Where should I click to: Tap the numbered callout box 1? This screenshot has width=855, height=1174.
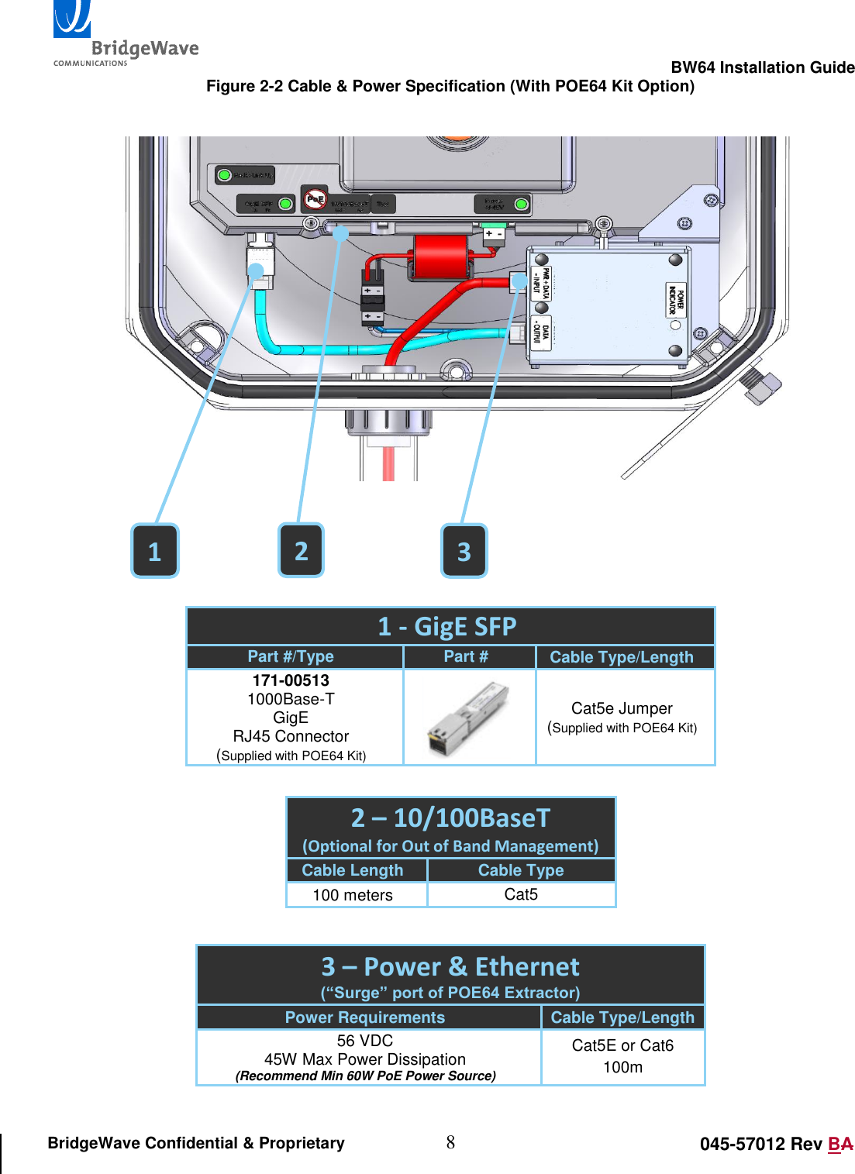pyautogui.click(x=155, y=551)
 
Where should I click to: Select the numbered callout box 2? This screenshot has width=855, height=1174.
pyautogui.click(x=302, y=550)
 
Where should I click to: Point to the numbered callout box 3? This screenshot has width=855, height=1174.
pyautogui.click(x=464, y=551)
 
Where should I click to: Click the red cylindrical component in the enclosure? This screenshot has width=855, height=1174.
pyautogui.click(x=440, y=256)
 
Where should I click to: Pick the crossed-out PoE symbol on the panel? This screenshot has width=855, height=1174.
pyautogui.click(x=315, y=199)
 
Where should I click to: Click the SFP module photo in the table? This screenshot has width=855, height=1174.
pyautogui.click(x=469, y=718)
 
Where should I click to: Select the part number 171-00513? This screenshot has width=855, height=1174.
pyautogui.click(x=291, y=680)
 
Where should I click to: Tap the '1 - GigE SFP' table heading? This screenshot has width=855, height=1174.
pyautogui.click(x=447, y=626)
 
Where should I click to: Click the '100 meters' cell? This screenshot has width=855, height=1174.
pyautogui.click(x=353, y=895)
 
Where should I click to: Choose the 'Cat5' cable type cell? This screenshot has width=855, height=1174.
pyautogui.click(x=521, y=894)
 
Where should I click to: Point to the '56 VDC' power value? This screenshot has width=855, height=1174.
pyautogui.click(x=365, y=1041)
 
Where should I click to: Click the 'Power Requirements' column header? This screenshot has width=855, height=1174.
pyautogui.click(x=365, y=1017)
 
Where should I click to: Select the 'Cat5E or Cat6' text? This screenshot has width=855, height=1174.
pyautogui.click(x=622, y=1045)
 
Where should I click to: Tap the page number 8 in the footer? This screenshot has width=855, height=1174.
pyautogui.click(x=450, y=1142)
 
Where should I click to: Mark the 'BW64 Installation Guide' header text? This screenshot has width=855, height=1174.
pyautogui.click(x=762, y=67)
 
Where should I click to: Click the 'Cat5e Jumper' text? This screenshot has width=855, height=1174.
pyautogui.click(x=622, y=708)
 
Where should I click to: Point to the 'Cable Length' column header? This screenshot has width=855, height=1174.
pyautogui.click(x=353, y=870)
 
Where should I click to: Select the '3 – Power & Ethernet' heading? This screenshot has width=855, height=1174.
pyautogui.click(x=450, y=967)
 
